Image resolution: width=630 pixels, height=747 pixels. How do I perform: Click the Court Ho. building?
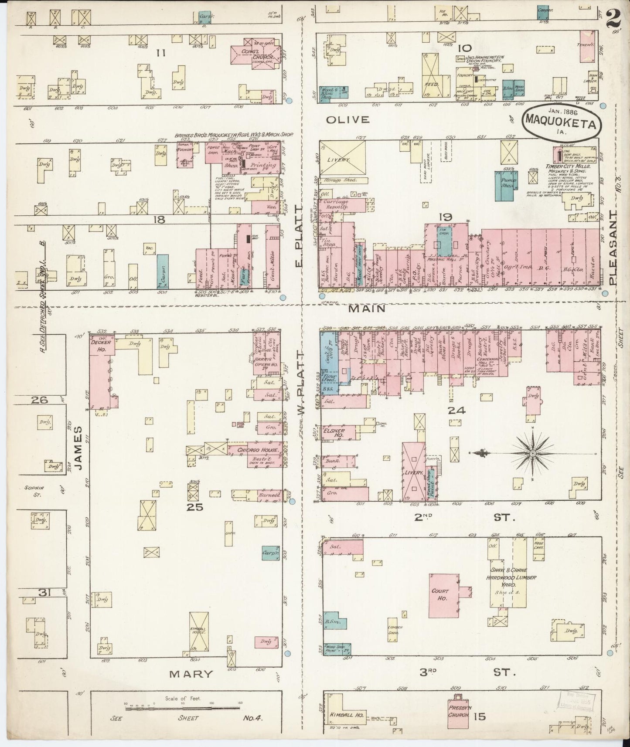[444, 595]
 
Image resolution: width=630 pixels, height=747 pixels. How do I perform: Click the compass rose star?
[533, 454]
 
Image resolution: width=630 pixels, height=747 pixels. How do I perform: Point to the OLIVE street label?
[347, 119]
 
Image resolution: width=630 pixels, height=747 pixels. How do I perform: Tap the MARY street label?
[191, 686]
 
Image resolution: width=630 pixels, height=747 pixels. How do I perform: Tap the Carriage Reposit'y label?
[336, 205]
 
